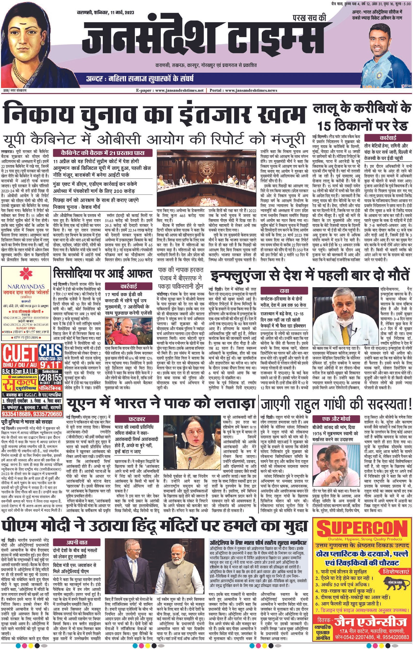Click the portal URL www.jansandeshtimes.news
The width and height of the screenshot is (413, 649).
coord(251,91)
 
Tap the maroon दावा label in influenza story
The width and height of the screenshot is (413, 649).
coord(284,291)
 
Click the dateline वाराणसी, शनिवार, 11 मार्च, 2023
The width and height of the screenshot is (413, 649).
coord(105,13)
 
